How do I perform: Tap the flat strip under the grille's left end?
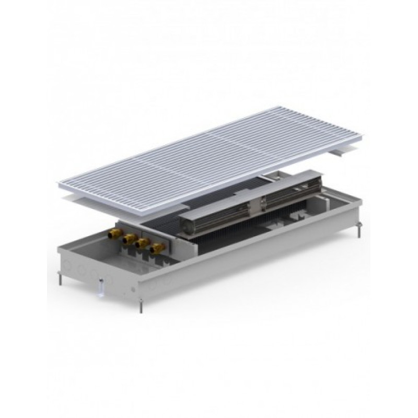pos(71,198)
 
